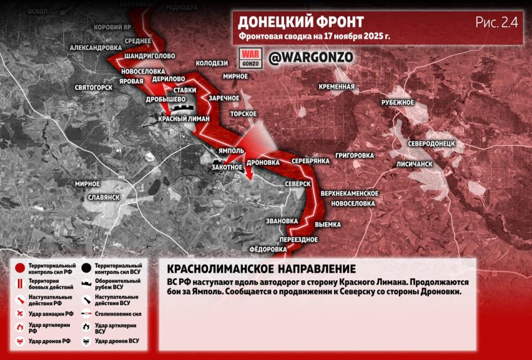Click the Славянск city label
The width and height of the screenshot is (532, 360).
(x=104, y=197)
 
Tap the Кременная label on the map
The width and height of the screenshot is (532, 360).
(x=336, y=86)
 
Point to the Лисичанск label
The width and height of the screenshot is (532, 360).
(x=414, y=164)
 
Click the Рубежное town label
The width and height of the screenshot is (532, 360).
(x=398, y=102)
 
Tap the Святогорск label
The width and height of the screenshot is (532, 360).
(x=94, y=88)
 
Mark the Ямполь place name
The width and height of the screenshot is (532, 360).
(x=232, y=151)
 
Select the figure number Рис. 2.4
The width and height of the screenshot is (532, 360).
(x=496, y=22)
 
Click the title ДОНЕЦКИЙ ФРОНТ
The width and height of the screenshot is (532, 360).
(x=301, y=22)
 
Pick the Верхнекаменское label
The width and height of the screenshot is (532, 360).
(x=349, y=193)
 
